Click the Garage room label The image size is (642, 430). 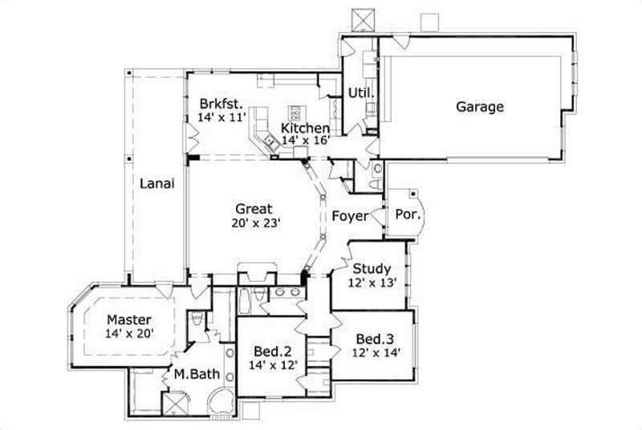(x=480, y=106)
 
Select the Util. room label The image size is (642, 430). (x=360, y=93)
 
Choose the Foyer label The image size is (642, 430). (x=350, y=216)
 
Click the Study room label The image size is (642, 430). (x=372, y=268)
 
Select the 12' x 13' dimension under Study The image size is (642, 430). (x=371, y=283)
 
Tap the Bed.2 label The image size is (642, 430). (x=271, y=351)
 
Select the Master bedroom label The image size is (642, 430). (x=128, y=318)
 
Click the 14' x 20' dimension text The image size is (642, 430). (x=128, y=332)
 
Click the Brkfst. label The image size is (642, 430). (x=221, y=102)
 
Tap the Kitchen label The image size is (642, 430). (x=305, y=129)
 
